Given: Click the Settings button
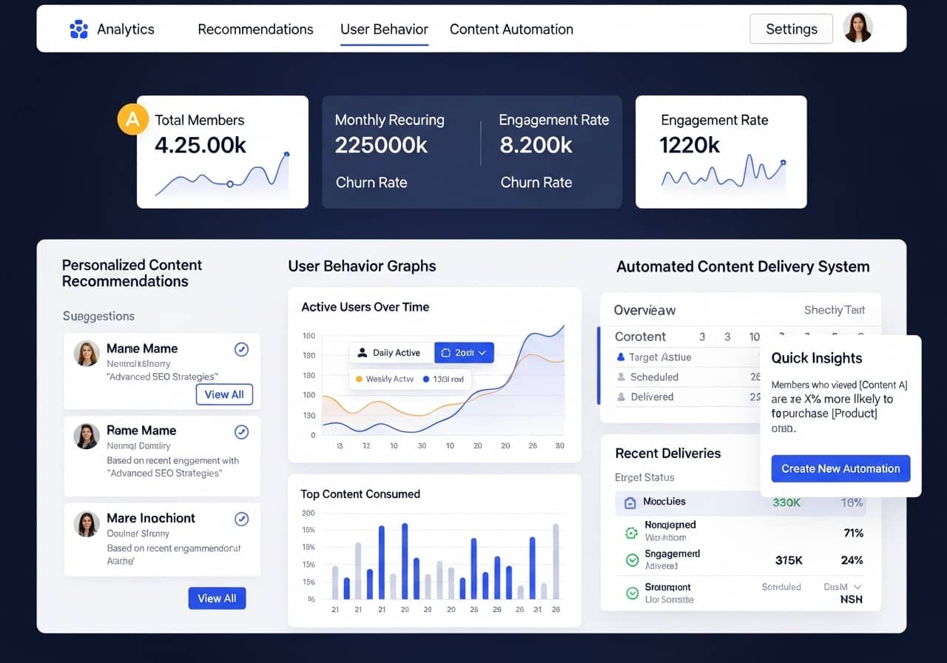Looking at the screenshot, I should (x=791, y=30).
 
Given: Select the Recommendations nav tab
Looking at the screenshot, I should (x=255, y=30).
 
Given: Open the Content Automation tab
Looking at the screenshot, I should (x=511, y=30).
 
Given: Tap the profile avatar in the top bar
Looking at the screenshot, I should (x=857, y=28).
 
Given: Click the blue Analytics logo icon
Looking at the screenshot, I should (x=78, y=30).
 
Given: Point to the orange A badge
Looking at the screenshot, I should (x=132, y=120).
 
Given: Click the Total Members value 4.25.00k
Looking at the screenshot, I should (x=200, y=145).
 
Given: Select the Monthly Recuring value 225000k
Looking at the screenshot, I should (x=381, y=145).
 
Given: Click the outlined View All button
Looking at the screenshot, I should (x=224, y=394).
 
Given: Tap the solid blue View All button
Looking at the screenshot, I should (x=217, y=598).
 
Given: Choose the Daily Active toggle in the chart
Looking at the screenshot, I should (x=389, y=353).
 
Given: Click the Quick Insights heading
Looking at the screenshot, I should (x=817, y=358).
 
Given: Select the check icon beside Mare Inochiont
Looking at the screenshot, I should (x=241, y=519).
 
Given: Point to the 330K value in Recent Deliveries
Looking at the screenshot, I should (x=786, y=502).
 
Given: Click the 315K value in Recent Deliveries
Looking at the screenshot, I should (x=789, y=560).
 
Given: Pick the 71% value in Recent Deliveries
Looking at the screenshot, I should (x=853, y=533).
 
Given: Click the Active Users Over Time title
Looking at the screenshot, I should (x=365, y=307).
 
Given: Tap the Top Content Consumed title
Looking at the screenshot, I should (x=360, y=494).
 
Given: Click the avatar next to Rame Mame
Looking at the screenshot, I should (x=87, y=436).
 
